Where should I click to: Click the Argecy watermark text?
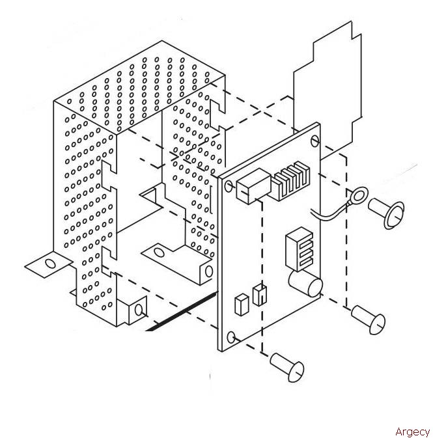coord(413,431)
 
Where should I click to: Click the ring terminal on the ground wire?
coord(359,195)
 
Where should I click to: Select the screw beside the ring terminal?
coord(386,213)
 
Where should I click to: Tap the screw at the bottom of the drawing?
coord(287,367)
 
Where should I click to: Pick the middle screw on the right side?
coord(369,320)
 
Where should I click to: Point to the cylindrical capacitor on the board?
coord(305,283)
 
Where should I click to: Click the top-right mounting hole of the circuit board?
coord(315,141)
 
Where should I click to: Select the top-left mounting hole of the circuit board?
coord(229,186)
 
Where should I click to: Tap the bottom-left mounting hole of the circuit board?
coord(231,337)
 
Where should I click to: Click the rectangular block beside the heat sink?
coord(253,186)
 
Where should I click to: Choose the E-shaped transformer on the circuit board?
coord(299,249)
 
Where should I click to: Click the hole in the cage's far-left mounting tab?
coord(50,264)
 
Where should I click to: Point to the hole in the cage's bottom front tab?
coord(139,310)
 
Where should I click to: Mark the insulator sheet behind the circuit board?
coord(327,90)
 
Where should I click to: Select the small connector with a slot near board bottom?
coord(259,295)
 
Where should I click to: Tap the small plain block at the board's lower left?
coord(242,305)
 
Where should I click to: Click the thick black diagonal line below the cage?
coord(182,312)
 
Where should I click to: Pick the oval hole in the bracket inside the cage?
coord(159,253)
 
